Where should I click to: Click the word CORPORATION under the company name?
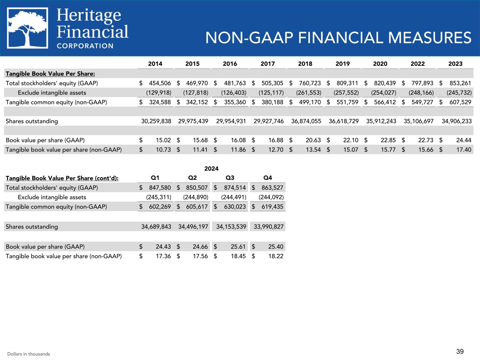85,46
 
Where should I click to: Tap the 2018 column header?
305,64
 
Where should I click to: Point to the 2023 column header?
455,64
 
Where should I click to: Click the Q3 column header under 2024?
230,178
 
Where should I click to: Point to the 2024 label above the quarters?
211,169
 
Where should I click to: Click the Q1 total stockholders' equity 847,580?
158,188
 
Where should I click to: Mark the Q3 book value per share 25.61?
238,247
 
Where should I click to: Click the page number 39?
460,351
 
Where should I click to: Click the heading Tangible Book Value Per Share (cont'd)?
62,178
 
